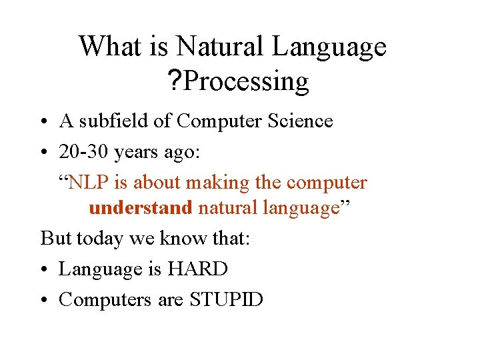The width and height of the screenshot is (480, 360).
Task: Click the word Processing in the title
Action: coord(246,82)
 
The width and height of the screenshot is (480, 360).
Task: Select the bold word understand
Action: coord(140,208)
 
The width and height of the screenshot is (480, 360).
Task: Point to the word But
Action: coord(57,238)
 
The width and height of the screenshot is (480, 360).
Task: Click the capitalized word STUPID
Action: coord(227,300)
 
